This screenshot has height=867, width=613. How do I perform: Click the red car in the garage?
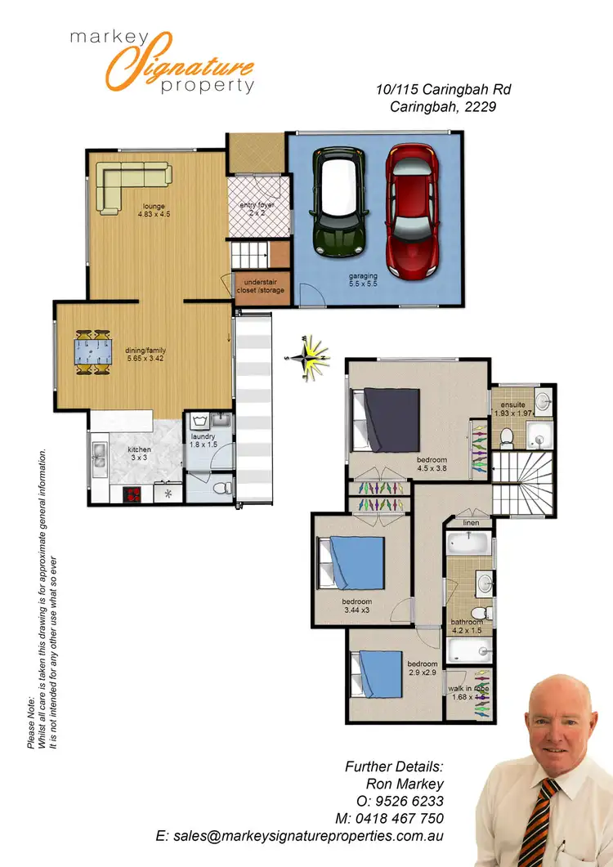[414, 212]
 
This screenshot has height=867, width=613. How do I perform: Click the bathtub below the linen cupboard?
[468, 543]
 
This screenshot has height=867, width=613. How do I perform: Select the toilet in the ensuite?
[506, 437]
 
